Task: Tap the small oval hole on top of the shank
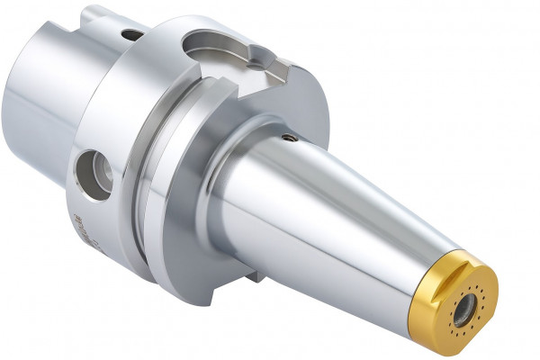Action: pos(131,35)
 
